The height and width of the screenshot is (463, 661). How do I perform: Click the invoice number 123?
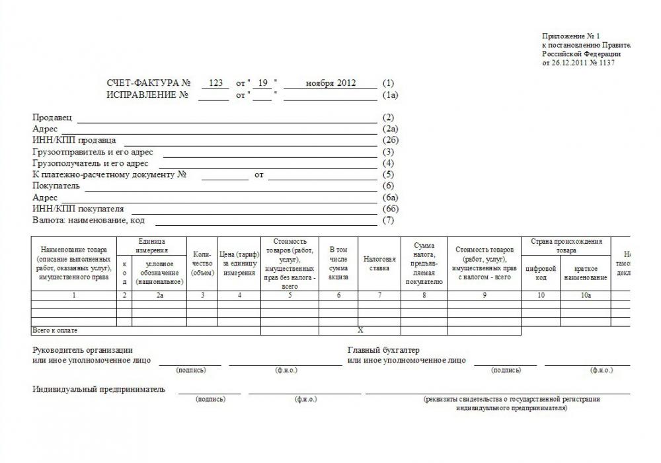[215, 83]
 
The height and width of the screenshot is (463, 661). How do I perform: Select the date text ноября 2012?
[331, 83]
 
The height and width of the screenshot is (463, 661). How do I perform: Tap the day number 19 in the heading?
[262, 83]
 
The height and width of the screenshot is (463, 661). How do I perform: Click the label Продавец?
[53, 118]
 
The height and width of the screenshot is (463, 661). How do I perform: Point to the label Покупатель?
[56, 186]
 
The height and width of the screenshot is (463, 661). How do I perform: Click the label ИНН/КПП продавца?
[74, 141]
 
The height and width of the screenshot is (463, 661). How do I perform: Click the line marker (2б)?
[391, 141]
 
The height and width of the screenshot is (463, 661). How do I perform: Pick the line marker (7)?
[389, 221]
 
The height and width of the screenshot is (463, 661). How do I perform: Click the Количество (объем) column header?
[202, 263]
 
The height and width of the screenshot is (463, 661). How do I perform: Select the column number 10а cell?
[585, 295]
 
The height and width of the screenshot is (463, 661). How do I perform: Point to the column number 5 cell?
[290, 295]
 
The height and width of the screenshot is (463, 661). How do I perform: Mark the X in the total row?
[360, 330]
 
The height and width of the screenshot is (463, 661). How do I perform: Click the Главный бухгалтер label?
[384, 349]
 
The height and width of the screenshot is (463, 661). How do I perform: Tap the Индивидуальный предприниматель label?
[99, 389]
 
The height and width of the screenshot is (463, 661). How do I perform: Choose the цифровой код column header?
[541, 273]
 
